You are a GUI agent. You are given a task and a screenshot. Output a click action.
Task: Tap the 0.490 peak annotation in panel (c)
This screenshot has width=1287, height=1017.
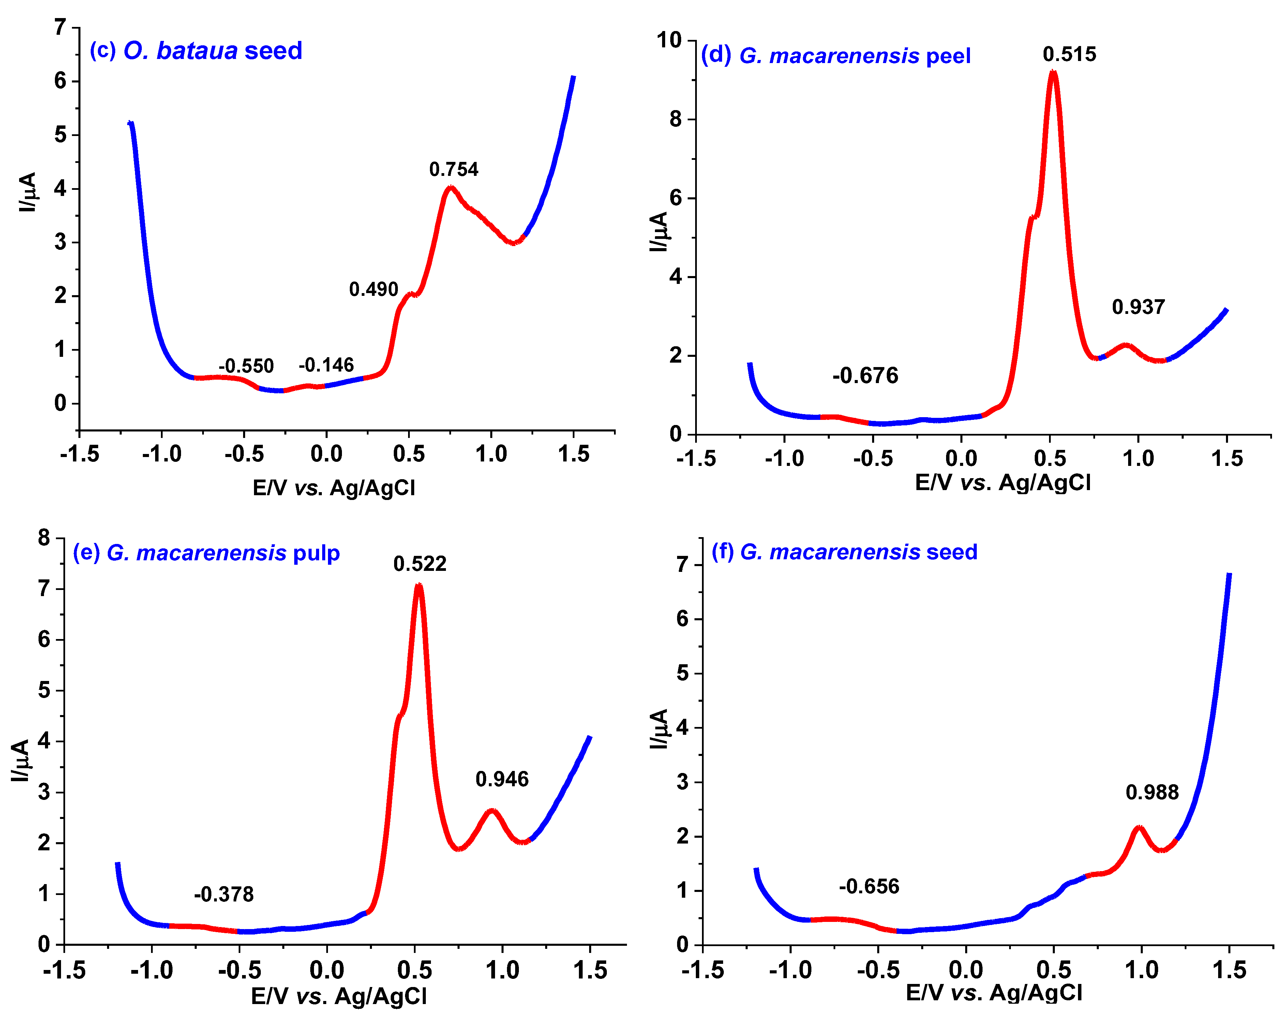373,289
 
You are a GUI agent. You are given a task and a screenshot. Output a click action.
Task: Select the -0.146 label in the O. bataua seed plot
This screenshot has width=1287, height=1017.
326,365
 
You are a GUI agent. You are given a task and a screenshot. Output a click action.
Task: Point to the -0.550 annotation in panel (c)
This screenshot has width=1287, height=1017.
246,366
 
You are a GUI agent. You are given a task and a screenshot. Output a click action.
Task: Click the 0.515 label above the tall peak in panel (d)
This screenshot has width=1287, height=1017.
1069,54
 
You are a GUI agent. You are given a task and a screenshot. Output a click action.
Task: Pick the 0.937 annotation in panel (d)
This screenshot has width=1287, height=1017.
1138,307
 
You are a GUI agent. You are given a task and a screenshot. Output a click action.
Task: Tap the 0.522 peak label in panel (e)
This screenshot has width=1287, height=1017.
420,564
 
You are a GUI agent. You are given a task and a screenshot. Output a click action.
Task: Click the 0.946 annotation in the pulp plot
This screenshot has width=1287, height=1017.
502,779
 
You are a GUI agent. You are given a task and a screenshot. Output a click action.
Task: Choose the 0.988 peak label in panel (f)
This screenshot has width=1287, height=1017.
1152,792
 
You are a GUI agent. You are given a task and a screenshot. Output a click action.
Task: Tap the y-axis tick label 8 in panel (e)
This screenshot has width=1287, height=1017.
44,538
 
